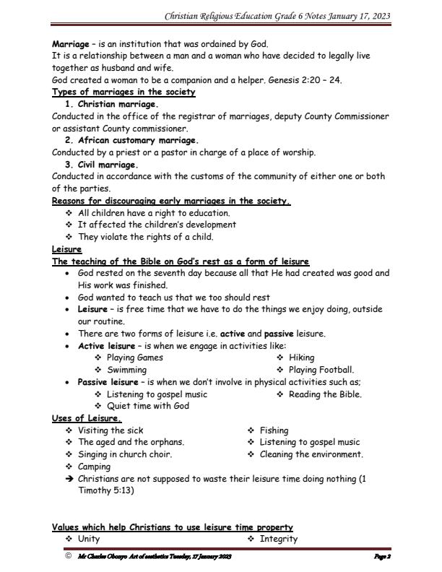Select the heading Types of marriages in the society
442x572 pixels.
coord(123,92)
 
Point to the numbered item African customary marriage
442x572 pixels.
coord(138,140)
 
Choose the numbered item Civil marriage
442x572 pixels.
coord(108,165)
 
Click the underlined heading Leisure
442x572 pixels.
coord(66,249)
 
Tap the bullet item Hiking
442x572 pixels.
coord(301,357)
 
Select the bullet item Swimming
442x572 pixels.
coord(127,370)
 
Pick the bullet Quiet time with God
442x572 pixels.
coord(147,406)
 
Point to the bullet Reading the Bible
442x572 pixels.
coord(325,394)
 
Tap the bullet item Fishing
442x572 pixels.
coord(274,430)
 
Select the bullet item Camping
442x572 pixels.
coord(95,467)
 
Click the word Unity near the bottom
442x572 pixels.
coord(89,539)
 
